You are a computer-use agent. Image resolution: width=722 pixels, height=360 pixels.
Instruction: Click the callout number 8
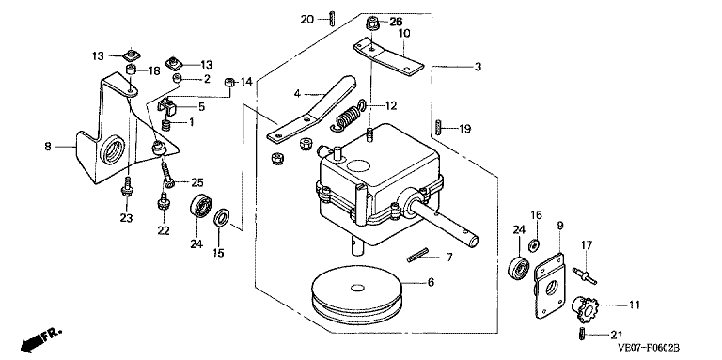[48, 147]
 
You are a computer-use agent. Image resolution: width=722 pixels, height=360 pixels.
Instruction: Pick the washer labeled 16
[534, 244]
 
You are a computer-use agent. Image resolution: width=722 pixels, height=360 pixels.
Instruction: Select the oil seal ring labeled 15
[221, 216]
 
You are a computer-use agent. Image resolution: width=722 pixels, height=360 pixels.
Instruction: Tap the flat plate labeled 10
[387, 57]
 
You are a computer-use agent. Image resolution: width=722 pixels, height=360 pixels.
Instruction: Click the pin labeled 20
[332, 21]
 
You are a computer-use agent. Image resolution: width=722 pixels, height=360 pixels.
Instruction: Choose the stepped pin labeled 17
[585, 274]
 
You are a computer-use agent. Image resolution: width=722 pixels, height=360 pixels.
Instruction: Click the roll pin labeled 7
[418, 255]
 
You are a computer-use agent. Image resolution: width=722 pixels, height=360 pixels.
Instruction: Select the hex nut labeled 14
[228, 83]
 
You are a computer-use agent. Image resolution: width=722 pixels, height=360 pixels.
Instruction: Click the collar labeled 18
[133, 70]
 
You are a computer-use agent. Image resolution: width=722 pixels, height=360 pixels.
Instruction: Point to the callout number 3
[478, 68]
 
